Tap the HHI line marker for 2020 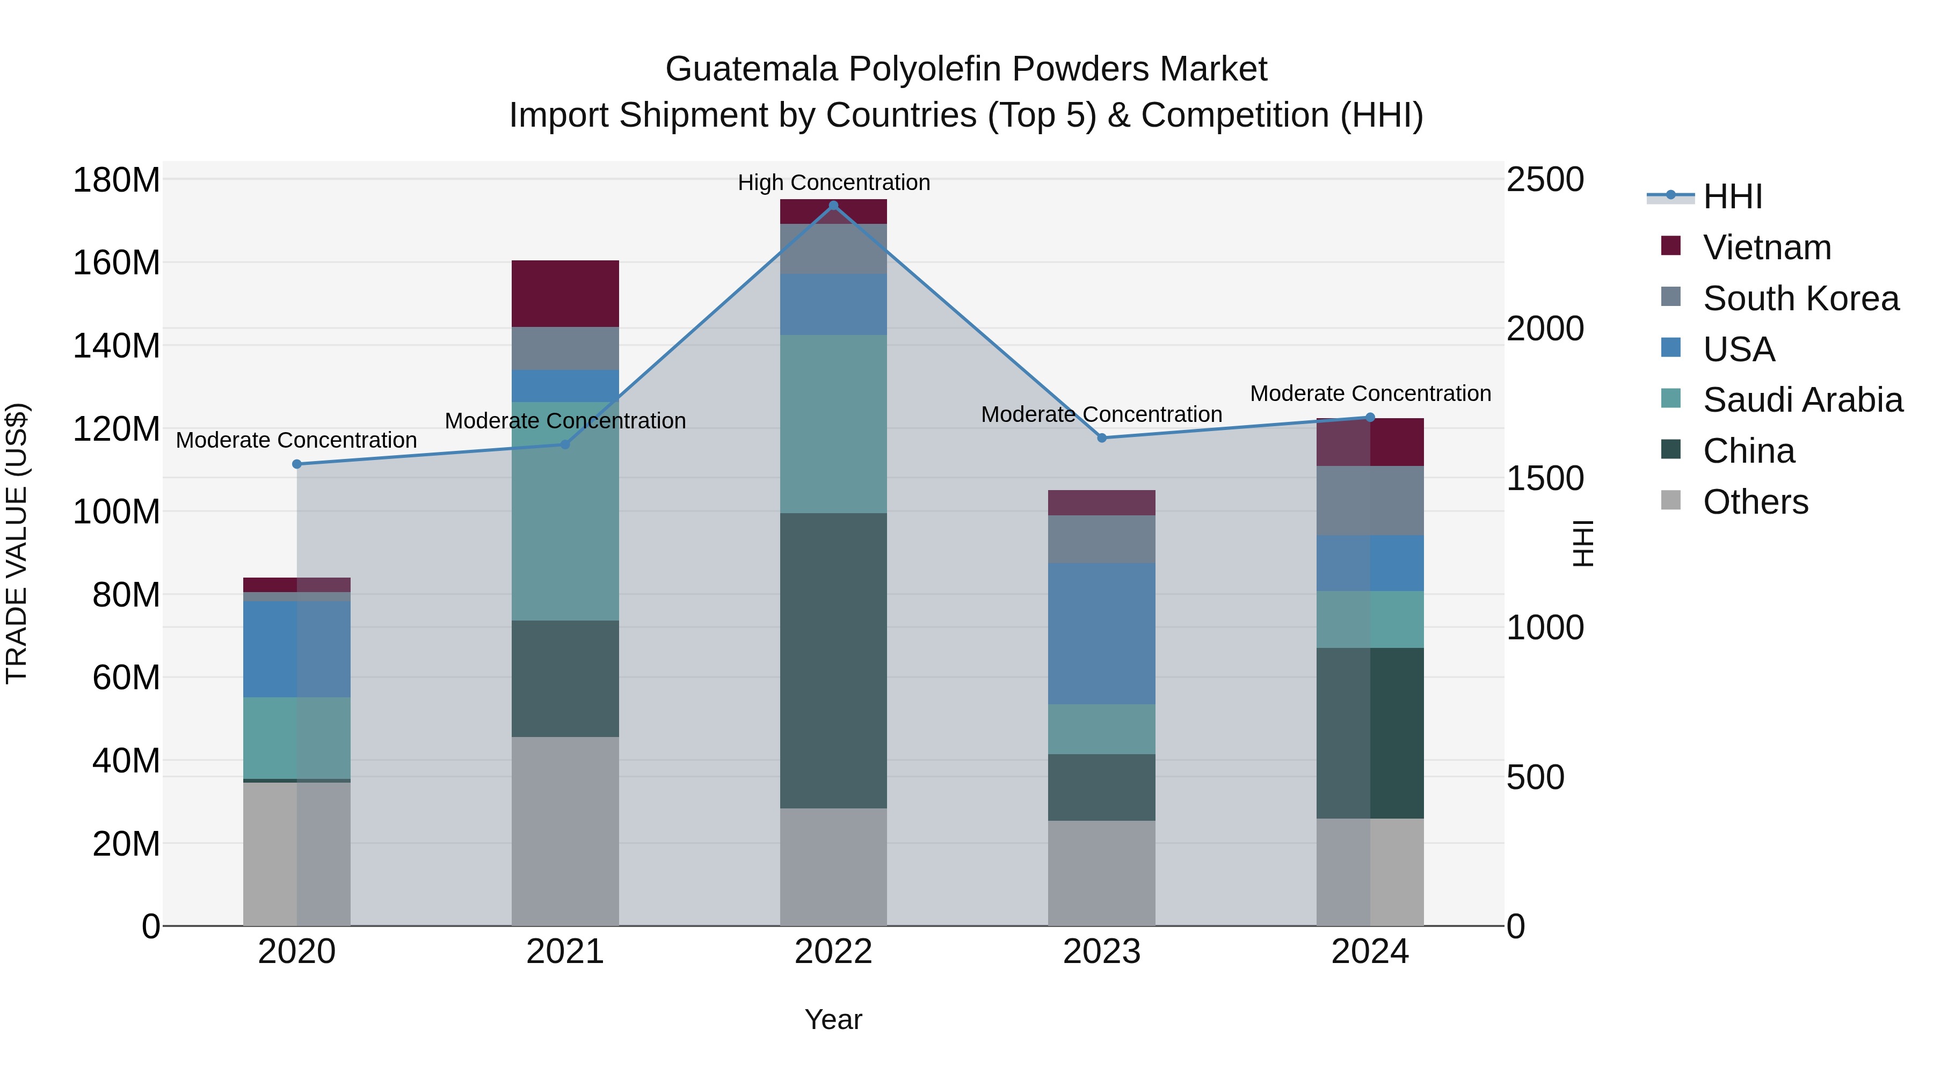click(x=296, y=464)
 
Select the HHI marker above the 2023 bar click(x=1102, y=438)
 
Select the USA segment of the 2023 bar click(x=1102, y=633)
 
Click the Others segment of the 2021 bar click(x=565, y=830)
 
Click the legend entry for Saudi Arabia click(x=1801, y=400)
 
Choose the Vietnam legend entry click(x=1767, y=247)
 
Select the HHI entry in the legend click(x=1732, y=196)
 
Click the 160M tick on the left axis click(x=117, y=264)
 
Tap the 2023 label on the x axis click(x=1102, y=952)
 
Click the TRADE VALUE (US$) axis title click(x=17, y=543)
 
